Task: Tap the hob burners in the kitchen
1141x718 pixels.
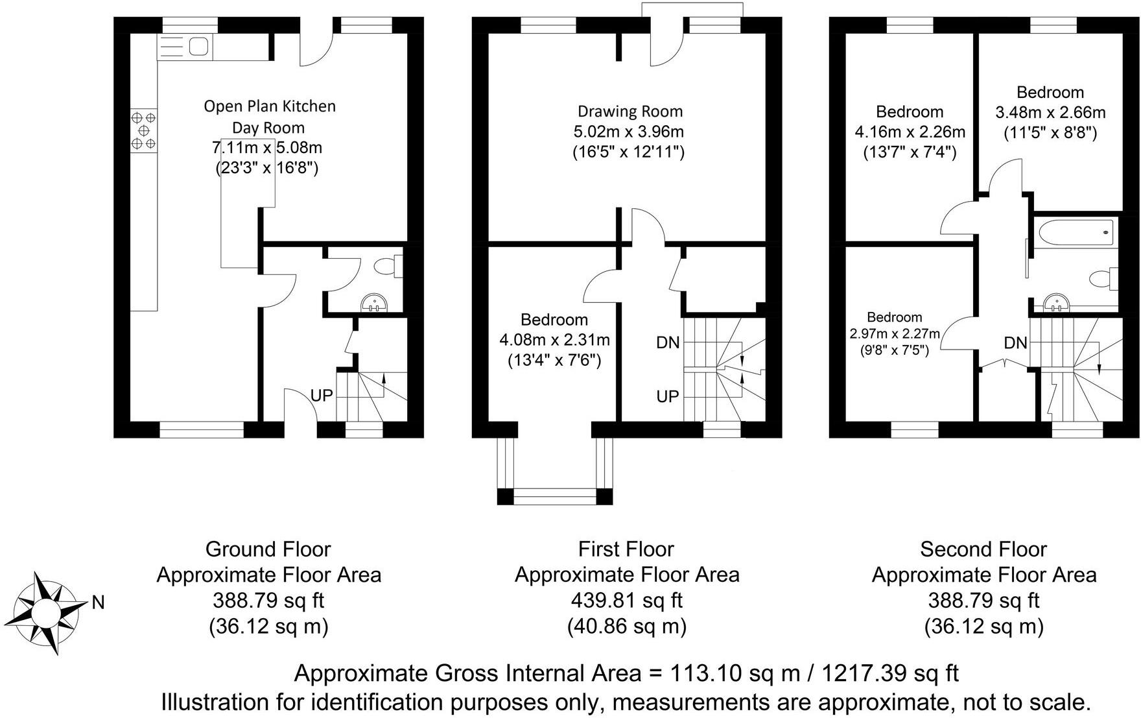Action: pyautogui.click(x=143, y=130)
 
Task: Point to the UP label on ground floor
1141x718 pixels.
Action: pyautogui.click(x=322, y=395)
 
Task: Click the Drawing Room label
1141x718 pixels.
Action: pyautogui.click(x=630, y=112)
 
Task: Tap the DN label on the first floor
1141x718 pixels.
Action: pyautogui.click(x=668, y=342)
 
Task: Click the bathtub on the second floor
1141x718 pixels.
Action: pyautogui.click(x=1074, y=232)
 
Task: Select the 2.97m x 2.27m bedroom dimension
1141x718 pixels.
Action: pyautogui.click(x=895, y=334)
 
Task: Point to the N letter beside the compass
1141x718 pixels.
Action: pyautogui.click(x=98, y=603)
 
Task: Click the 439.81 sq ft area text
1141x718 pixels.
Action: pyautogui.click(x=626, y=601)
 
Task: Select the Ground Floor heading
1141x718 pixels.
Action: pyautogui.click(x=268, y=549)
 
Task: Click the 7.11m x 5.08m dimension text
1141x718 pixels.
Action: pyautogui.click(x=268, y=148)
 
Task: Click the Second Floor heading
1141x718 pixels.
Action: pyautogui.click(x=983, y=549)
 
